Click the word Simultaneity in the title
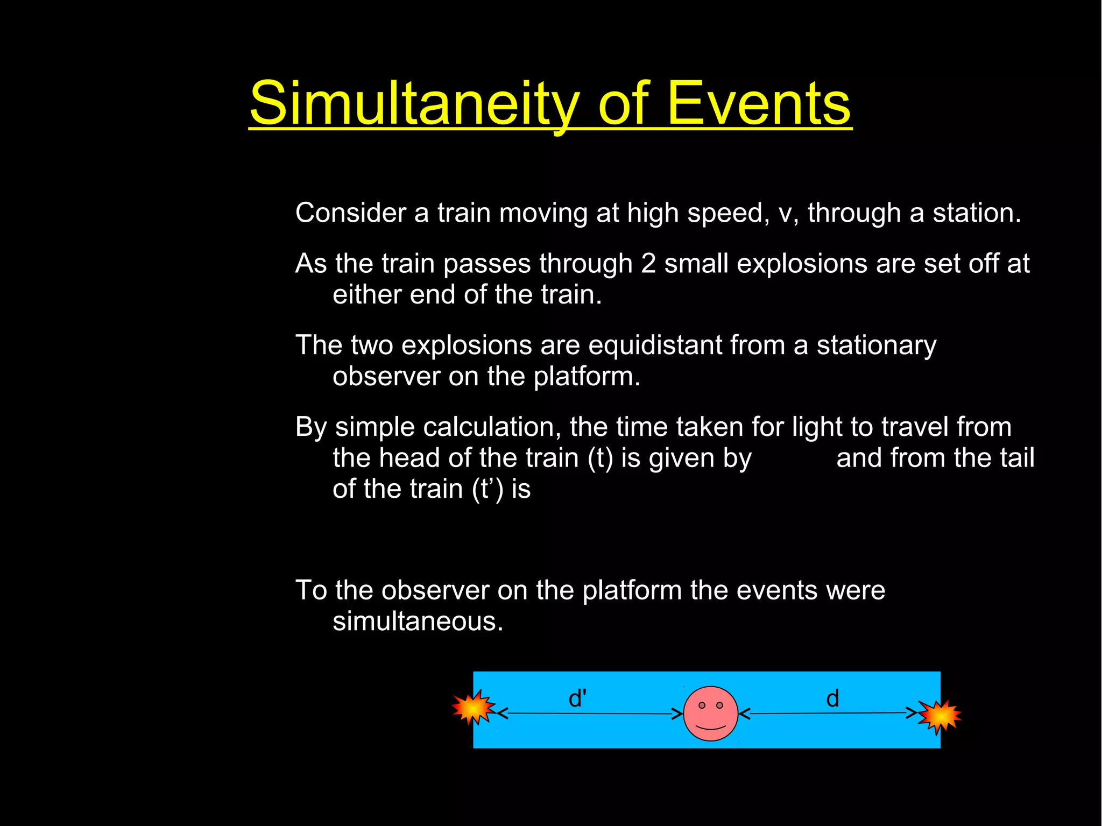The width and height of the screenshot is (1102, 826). (414, 103)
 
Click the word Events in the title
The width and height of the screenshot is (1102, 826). (759, 103)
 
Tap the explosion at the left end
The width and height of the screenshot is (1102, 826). (472, 708)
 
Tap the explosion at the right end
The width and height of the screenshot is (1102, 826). (939, 716)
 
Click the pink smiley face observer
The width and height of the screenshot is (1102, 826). (710, 714)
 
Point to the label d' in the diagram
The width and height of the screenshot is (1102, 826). (577, 698)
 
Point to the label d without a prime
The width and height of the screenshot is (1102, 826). (832, 698)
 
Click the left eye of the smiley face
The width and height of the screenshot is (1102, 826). (702, 705)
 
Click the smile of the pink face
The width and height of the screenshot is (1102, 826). (711, 728)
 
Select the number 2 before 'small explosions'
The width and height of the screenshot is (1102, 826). (648, 264)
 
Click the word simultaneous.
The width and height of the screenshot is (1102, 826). (418, 622)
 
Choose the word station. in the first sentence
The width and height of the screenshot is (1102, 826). (976, 213)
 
